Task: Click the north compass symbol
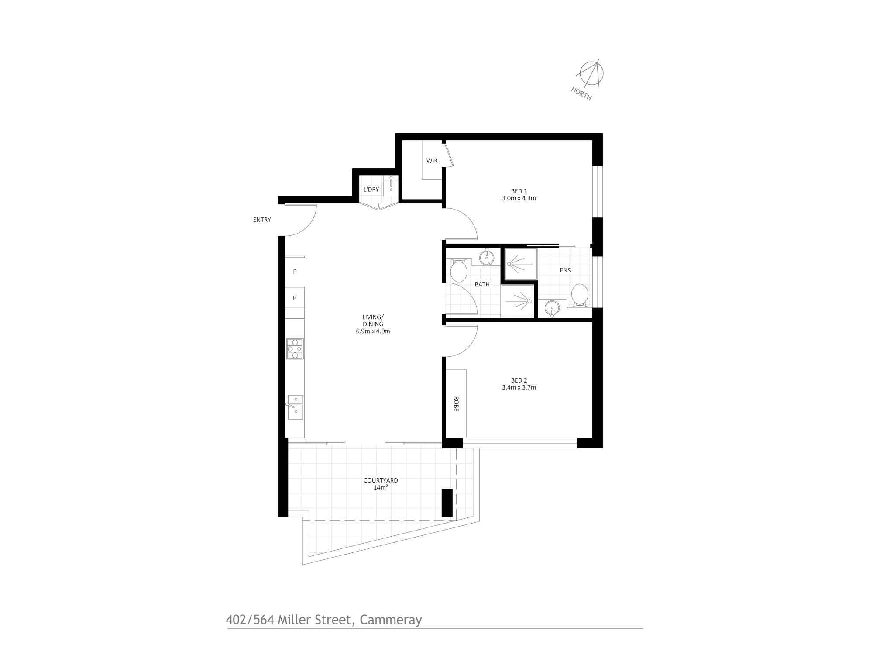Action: coord(591,73)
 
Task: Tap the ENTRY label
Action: coord(262,220)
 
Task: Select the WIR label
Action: coord(432,161)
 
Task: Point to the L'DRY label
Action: coord(371,190)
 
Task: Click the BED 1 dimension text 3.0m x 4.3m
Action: coord(519,198)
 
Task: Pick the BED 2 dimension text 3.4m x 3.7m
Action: coord(519,387)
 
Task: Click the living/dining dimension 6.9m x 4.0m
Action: coord(373,331)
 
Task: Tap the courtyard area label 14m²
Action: coord(381,487)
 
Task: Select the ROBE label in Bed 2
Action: coord(456,404)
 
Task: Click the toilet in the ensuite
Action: coord(580,295)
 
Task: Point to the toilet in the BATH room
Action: coord(458,271)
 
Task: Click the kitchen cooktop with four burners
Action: coord(295,349)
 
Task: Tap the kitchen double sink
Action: coord(296,407)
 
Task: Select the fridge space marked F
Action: coord(295,272)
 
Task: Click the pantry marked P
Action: coord(295,298)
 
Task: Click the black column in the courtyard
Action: coord(447,503)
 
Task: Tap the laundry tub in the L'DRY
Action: coord(391,184)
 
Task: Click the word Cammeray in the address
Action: coord(391,620)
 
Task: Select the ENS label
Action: coord(565,270)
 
